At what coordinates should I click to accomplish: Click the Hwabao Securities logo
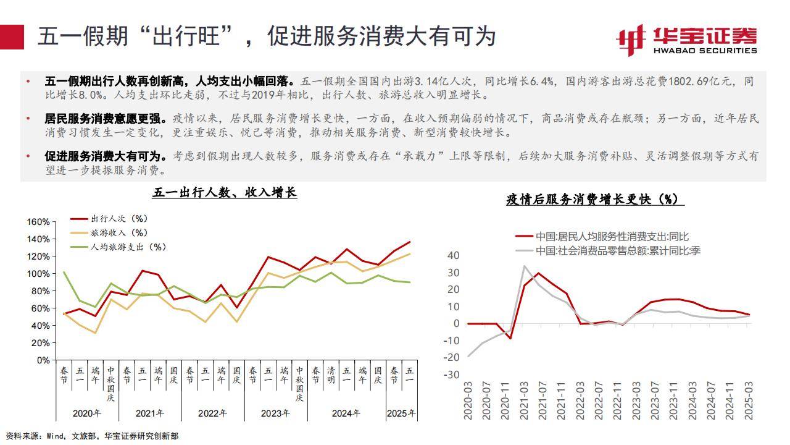686,40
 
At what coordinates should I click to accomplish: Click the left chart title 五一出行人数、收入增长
225,193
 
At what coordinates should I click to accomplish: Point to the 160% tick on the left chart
38,222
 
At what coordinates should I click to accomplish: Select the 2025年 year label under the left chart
401,413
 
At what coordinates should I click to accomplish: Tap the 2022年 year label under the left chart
212,413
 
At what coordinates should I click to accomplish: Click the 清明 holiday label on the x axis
331,375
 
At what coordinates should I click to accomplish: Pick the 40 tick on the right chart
454,255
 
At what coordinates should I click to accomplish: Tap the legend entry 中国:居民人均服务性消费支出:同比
611,236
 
